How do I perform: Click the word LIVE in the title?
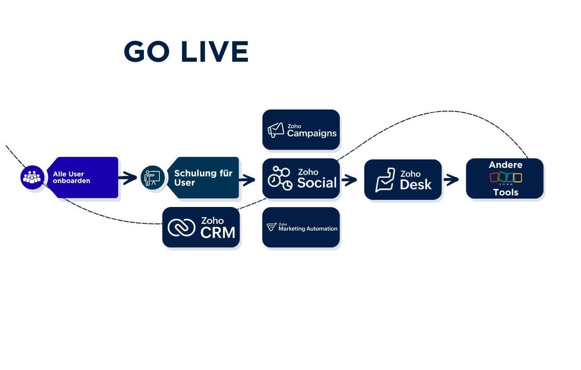click(215, 52)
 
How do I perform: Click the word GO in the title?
click(147, 52)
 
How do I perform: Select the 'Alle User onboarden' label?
click(72, 177)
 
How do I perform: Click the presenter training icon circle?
click(152, 178)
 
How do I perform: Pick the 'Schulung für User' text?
click(203, 178)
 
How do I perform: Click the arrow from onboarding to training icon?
click(128, 178)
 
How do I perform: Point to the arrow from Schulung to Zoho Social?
click(247, 180)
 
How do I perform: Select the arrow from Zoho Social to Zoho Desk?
click(350, 180)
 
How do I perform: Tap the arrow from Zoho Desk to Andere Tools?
click(451, 180)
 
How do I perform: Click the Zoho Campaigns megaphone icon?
click(275, 130)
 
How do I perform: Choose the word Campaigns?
click(312, 133)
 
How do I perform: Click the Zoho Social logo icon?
click(280, 179)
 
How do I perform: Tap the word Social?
click(317, 183)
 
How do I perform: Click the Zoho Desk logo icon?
click(385, 179)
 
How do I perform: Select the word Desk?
click(416, 185)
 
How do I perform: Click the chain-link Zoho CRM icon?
click(181, 227)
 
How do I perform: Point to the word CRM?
click(218, 232)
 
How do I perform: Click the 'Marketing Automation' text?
click(308, 229)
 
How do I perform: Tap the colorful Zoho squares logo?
click(505, 178)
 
